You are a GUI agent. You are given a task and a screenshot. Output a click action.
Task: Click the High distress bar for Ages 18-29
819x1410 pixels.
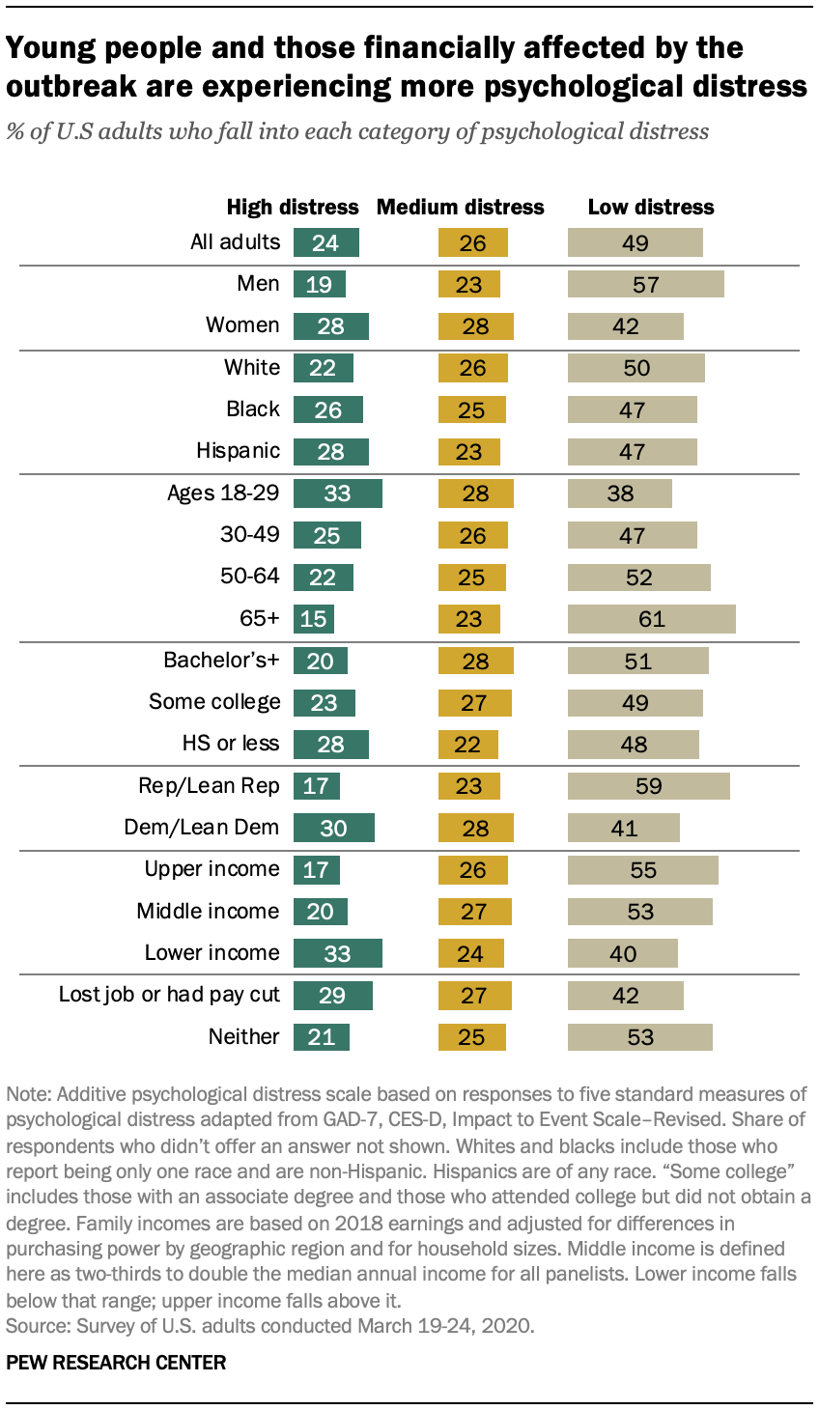pyautogui.click(x=337, y=493)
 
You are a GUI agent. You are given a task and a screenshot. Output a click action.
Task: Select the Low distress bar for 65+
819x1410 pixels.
pyautogui.click(x=651, y=618)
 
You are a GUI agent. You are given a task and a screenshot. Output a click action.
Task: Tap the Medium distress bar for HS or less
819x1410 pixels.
pyautogui.click(x=468, y=744)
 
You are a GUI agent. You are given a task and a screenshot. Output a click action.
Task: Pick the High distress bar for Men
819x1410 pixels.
pyautogui.click(x=320, y=284)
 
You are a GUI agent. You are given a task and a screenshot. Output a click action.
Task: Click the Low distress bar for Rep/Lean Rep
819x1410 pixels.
pyautogui.click(x=648, y=785)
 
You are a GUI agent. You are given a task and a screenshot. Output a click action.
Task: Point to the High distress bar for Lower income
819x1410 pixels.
pyautogui.click(x=337, y=953)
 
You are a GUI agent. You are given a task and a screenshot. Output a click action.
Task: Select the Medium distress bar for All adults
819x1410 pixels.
pyautogui.click(x=471, y=242)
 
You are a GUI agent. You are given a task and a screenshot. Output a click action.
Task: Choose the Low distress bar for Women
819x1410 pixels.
pyautogui.click(x=625, y=325)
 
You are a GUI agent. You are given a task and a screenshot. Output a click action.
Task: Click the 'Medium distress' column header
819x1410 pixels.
pyautogui.click(x=460, y=207)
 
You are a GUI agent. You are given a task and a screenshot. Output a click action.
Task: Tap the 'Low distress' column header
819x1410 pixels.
pyautogui.click(x=651, y=207)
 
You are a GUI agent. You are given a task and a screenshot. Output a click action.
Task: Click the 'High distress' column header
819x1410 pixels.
pyautogui.click(x=292, y=207)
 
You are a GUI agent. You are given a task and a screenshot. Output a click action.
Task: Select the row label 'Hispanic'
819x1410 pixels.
pyautogui.click(x=238, y=451)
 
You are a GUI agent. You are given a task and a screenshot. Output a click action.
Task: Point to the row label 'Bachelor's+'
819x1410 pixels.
pyautogui.click(x=221, y=661)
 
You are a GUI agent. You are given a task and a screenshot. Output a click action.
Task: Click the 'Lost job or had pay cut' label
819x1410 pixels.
pyautogui.click(x=169, y=994)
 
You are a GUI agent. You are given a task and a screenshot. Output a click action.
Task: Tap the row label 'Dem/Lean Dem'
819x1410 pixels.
pyautogui.click(x=201, y=827)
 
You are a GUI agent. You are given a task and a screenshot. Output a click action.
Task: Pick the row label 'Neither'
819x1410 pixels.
pyautogui.click(x=243, y=1036)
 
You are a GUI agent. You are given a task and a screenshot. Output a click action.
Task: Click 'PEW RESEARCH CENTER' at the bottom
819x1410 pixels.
pyautogui.click(x=116, y=1363)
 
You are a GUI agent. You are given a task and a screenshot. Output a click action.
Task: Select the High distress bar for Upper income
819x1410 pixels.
pyautogui.click(x=317, y=869)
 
